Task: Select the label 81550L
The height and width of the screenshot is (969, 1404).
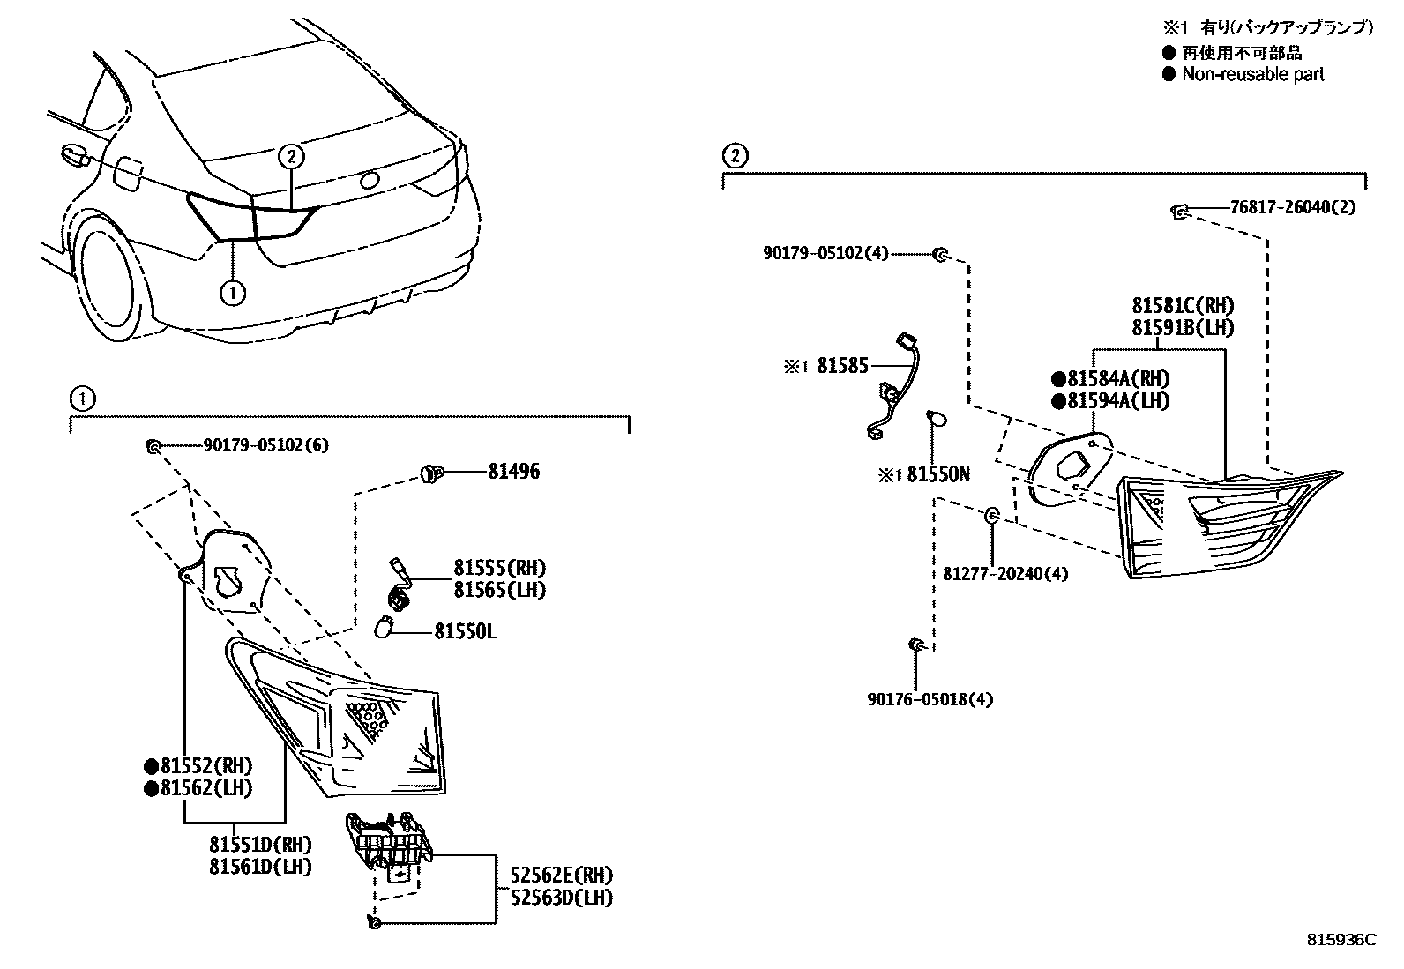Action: [x=465, y=631]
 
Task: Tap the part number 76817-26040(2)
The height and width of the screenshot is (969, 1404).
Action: [x=1293, y=208]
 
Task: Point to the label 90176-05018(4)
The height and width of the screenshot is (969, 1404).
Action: [x=930, y=699]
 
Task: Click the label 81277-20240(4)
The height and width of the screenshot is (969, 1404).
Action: [x=1004, y=574]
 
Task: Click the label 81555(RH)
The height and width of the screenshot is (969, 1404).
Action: [x=499, y=568]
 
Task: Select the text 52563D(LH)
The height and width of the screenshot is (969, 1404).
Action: [x=561, y=898]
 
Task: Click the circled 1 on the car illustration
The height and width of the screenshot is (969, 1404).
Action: [x=232, y=292]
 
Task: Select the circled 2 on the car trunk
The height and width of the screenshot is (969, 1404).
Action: [x=292, y=157]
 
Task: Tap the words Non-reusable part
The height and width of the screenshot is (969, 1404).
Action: [x=1252, y=75]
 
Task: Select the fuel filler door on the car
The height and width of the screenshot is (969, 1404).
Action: [x=128, y=172]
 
